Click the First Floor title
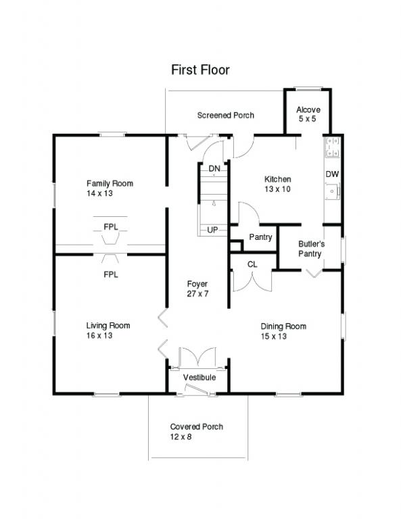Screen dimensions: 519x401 [x=199, y=70]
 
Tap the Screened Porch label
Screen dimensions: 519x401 [x=225, y=116]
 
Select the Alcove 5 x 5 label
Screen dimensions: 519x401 [x=308, y=114]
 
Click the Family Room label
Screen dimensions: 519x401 [x=110, y=188]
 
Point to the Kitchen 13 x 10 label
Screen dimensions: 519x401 [x=277, y=184]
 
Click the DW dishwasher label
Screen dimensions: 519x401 [x=331, y=174]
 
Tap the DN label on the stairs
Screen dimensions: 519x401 [x=214, y=168]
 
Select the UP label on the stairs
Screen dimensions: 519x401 [x=212, y=230]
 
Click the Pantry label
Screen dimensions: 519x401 [x=260, y=237]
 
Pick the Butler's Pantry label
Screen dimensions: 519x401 [x=312, y=248]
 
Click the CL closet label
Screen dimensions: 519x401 [x=252, y=264]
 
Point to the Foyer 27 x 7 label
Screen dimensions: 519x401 [x=197, y=289]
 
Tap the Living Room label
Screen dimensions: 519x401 [x=108, y=330]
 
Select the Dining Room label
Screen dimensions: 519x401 [x=283, y=331]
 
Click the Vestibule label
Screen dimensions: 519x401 [x=199, y=377]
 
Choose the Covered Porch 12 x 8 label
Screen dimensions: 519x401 [x=196, y=432]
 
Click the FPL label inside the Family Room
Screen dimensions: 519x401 [x=111, y=227]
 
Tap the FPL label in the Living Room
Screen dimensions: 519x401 [x=111, y=274]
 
